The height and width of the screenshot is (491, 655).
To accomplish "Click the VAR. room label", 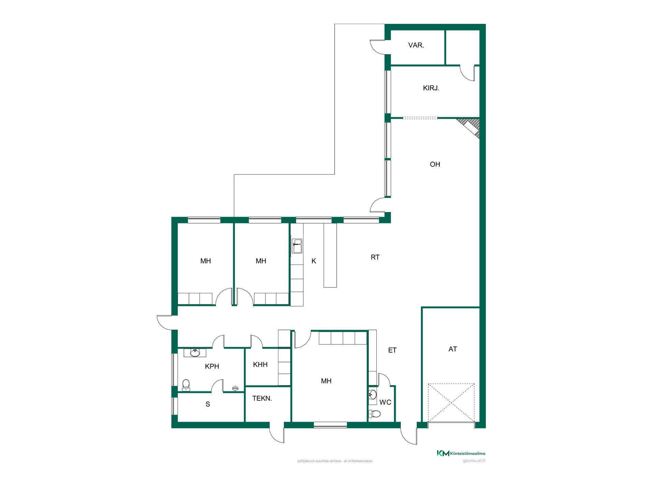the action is click(x=416, y=45).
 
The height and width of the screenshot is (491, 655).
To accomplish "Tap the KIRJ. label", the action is click(x=431, y=88).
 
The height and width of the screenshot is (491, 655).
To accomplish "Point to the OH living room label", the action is click(x=435, y=164).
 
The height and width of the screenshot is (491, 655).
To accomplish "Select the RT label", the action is click(x=375, y=257).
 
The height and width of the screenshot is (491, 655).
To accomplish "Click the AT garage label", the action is click(x=453, y=349).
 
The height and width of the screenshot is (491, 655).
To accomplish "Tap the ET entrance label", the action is click(x=392, y=350).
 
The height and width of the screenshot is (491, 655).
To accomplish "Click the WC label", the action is click(x=385, y=402).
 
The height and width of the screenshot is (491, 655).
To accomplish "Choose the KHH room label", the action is click(x=260, y=364).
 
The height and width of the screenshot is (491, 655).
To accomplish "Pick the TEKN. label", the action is click(x=262, y=398).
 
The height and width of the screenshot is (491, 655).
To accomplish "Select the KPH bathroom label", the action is click(x=212, y=367).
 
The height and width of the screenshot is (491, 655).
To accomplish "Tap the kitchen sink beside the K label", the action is click(x=297, y=246).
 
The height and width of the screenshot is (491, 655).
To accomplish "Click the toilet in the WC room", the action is click(x=375, y=414).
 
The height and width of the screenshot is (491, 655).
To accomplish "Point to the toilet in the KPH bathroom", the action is click(x=186, y=385).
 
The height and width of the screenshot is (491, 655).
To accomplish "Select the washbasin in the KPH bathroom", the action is click(x=195, y=353).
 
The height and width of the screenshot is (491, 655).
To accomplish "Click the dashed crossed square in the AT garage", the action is click(x=451, y=403).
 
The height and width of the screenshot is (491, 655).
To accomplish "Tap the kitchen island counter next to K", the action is click(x=330, y=255).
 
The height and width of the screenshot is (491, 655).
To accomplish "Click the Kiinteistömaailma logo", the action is click(x=461, y=453).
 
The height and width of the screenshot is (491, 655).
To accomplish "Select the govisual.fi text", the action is click(x=474, y=461).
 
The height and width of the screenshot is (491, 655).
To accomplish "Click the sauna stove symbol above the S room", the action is click(x=235, y=388).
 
